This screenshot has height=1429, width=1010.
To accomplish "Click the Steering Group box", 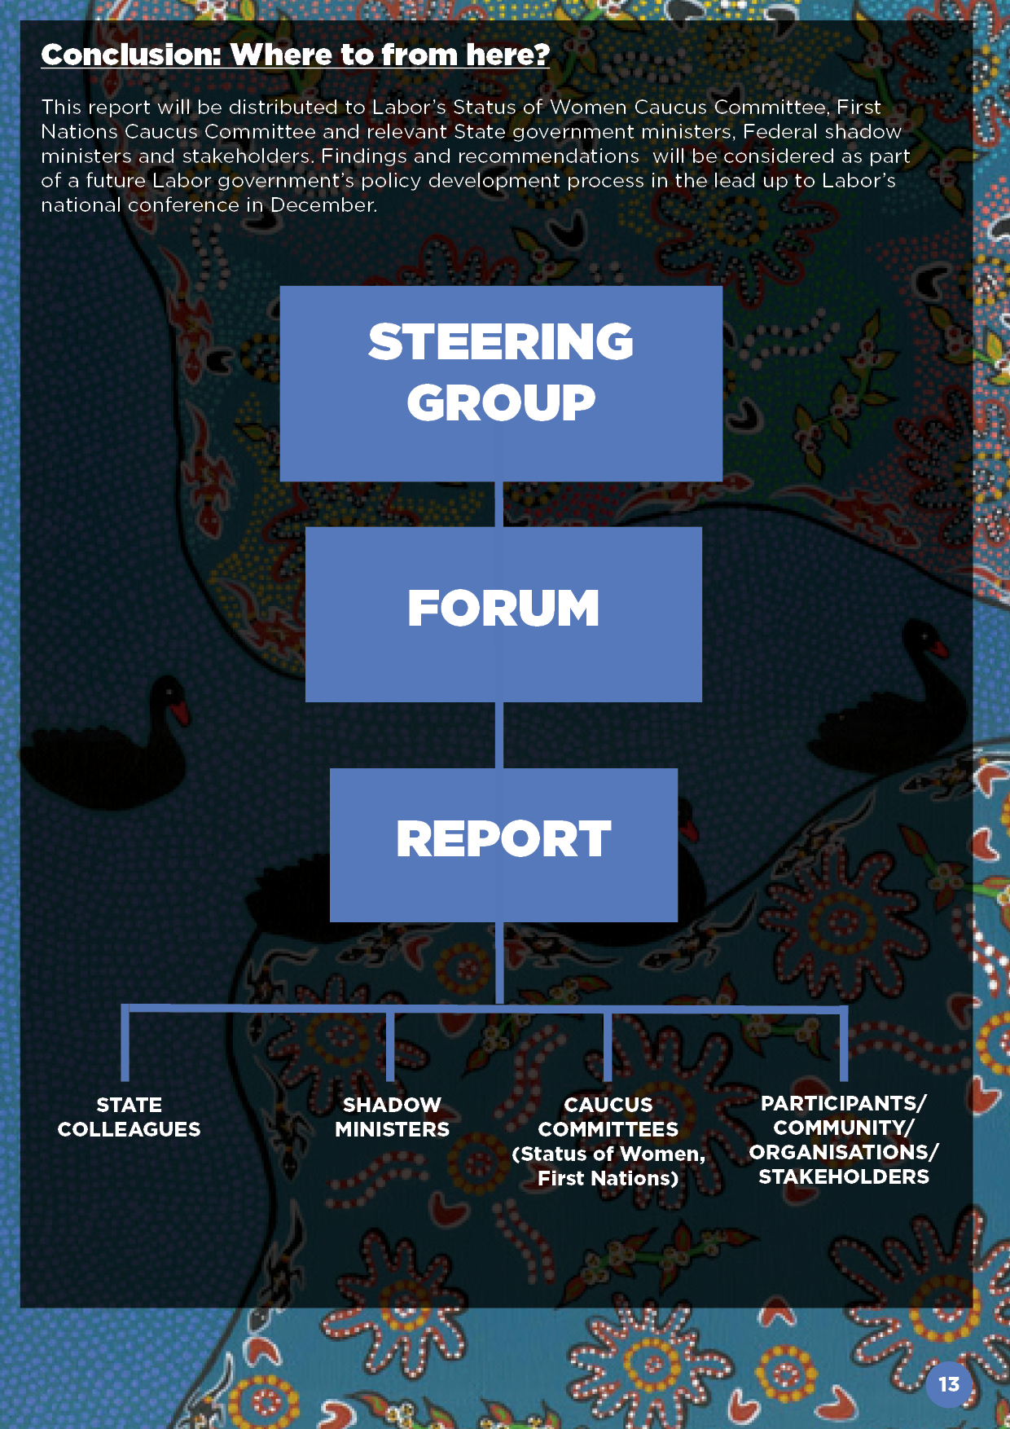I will click(501, 383).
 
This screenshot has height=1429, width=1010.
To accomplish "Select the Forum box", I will click(503, 613).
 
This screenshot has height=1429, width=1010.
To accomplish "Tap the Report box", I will click(503, 844).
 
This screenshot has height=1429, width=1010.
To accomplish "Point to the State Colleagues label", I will click(129, 1117).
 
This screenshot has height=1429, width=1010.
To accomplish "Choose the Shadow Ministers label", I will click(392, 1117).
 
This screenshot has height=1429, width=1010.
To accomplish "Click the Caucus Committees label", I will click(608, 1141).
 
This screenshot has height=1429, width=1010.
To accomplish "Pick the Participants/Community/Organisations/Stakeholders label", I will click(844, 1140).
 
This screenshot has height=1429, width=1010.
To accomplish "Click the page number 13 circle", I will click(949, 1384).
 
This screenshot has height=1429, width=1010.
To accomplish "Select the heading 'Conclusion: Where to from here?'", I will click(296, 55).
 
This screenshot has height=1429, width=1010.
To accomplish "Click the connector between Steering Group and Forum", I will click(499, 504).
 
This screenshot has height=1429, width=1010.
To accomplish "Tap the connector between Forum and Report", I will click(499, 735).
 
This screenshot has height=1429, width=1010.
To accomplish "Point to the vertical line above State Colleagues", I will click(125, 1045).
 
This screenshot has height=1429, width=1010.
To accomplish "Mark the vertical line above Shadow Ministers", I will click(390, 1046).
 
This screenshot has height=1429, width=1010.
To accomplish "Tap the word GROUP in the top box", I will click(501, 403).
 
